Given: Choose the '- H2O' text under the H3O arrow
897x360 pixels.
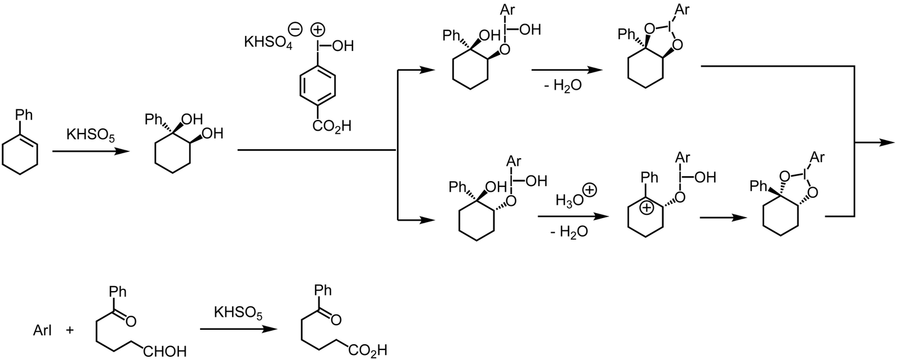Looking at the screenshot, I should pyautogui.click(x=569, y=231).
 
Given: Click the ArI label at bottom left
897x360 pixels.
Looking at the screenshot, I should pyautogui.click(x=43, y=331).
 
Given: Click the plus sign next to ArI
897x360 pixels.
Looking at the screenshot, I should pyautogui.click(x=70, y=331).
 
